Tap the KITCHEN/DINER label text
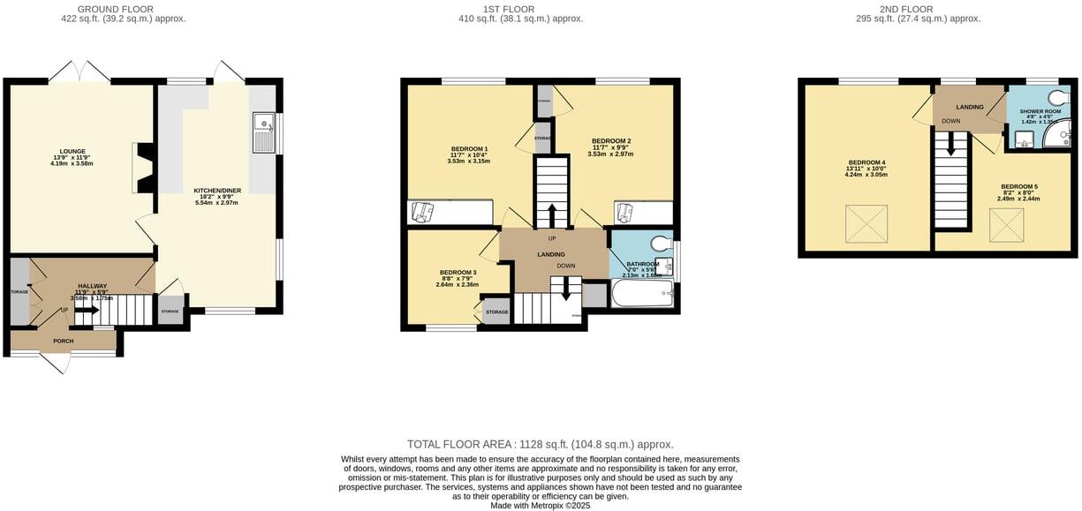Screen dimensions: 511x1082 [216, 190]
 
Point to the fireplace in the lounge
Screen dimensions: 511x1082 [144, 169]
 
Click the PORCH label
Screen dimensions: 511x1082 [63, 341]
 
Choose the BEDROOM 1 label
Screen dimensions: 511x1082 [468, 148]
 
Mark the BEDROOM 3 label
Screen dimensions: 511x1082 [458, 272]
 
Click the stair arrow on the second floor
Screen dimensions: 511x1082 [951, 144]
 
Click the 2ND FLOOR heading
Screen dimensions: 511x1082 [896, 9]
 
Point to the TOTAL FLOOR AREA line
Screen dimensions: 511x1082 [540, 444]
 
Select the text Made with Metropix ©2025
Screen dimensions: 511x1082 [541, 506]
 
